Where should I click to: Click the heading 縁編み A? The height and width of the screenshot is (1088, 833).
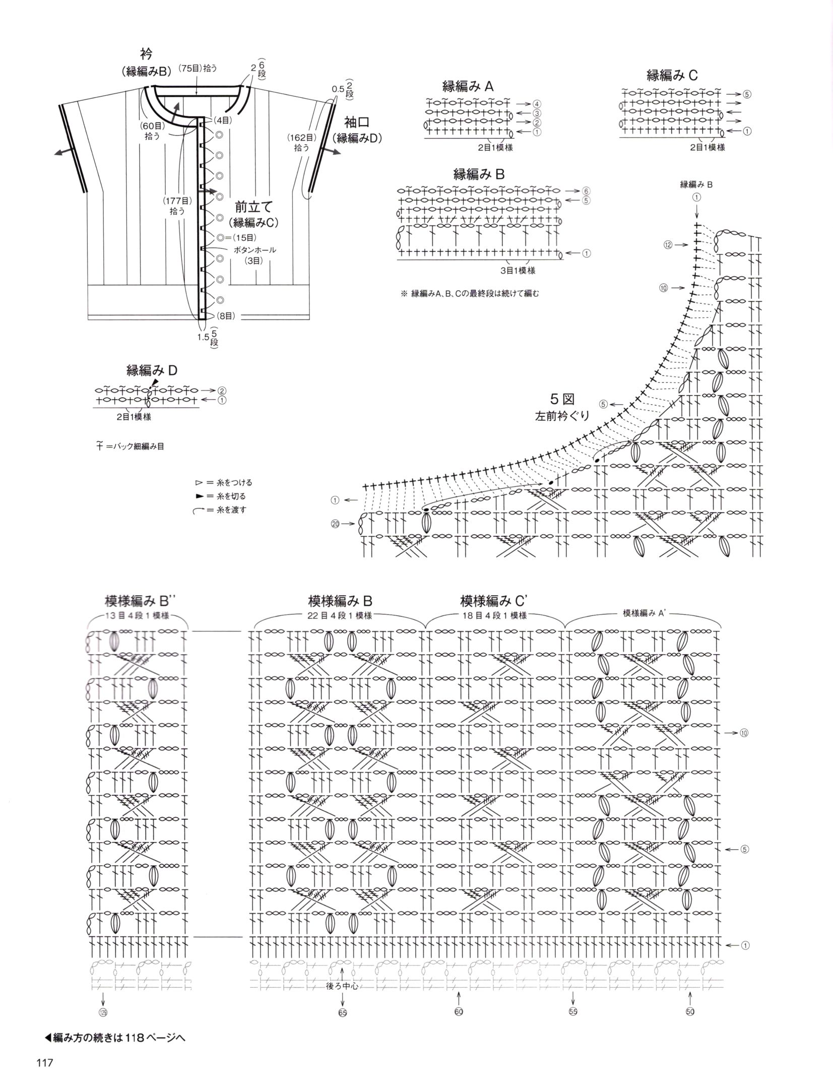[x=468, y=86]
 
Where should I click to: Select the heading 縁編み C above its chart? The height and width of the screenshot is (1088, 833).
[x=672, y=76]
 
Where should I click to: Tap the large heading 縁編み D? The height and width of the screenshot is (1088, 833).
[x=152, y=370]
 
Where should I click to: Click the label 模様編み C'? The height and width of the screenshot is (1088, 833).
[x=494, y=601]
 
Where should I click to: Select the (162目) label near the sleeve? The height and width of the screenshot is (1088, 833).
[x=301, y=137]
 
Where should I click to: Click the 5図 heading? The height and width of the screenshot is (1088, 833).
[x=562, y=400]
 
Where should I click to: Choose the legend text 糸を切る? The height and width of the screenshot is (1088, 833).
[x=232, y=496]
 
